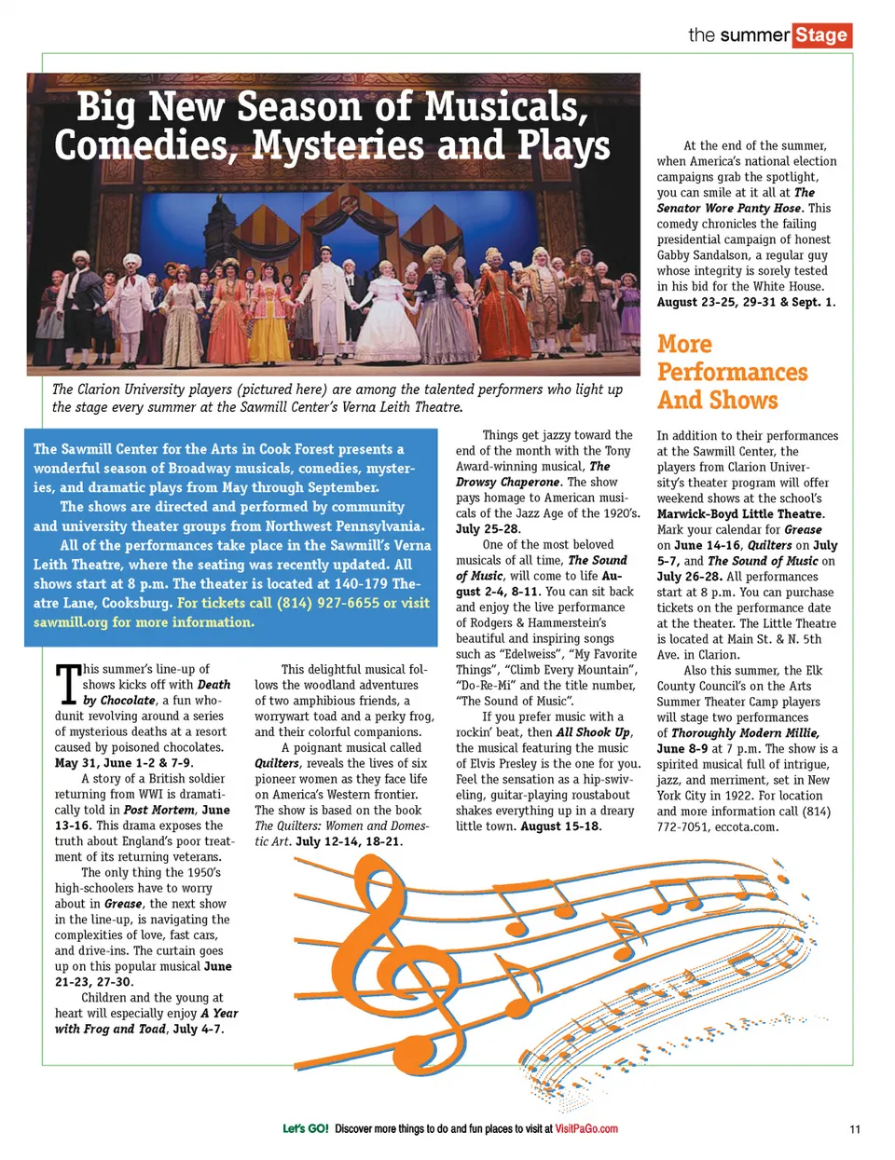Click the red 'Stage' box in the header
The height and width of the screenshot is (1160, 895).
[822, 35]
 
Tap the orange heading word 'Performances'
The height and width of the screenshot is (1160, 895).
[733, 373]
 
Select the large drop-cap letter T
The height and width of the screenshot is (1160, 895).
[67, 685]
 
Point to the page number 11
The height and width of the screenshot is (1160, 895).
[855, 1129]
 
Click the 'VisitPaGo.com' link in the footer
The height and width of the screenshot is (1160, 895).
[586, 1129]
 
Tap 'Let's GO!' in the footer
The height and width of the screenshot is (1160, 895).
[306, 1129]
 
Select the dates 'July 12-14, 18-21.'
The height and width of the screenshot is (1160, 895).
[349, 841]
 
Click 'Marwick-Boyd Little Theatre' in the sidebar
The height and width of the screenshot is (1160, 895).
[740, 513]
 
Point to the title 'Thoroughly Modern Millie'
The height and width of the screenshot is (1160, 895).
[745, 733]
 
